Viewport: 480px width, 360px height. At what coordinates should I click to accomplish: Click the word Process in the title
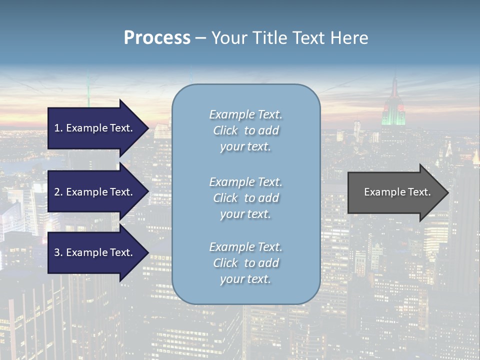pyautogui.click(x=157, y=38)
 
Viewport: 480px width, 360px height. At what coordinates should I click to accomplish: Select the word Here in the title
pyautogui.click(x=349, y=38)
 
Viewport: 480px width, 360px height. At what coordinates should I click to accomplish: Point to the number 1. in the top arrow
pyautogui.click(x=58, y=128)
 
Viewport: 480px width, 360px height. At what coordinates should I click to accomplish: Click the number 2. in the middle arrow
pyautogui.click(x=58, y=192)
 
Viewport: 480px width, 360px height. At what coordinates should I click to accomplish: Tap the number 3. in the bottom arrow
pyautogui.click(x=58, y=252)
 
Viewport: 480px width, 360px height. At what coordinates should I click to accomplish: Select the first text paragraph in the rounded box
pyautogui.click(x=245, y=130)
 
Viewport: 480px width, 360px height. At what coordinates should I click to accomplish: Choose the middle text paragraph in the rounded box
pyautogui.click(x=245, y=198)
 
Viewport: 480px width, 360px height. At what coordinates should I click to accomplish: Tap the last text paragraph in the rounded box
pyautogui.click(x=245, y=263)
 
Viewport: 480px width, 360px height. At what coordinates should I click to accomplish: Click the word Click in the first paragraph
pyautogui.click(x=225, y=130)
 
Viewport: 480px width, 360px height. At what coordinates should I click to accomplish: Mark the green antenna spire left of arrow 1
pyautogui.click(x=88, y=92)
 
